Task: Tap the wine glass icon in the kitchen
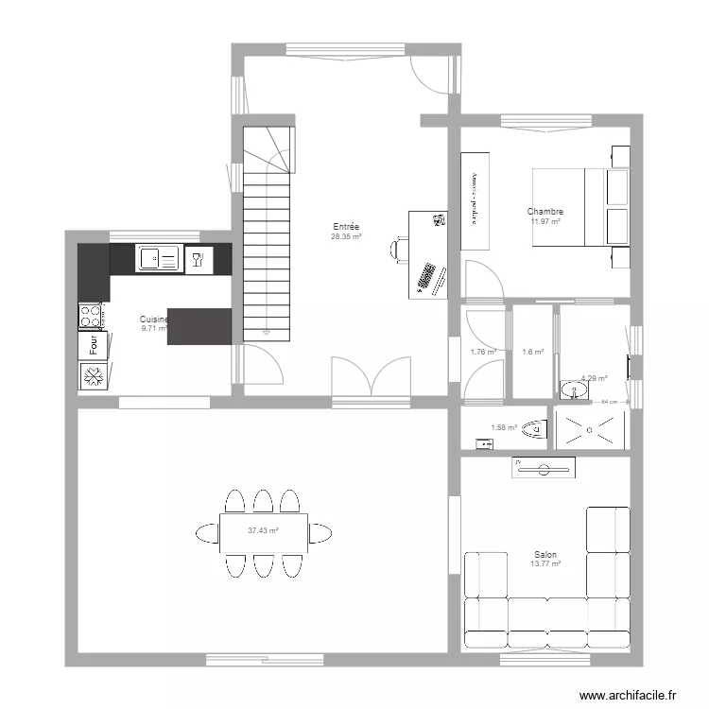pos(198,259)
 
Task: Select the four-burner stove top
pos(91,315)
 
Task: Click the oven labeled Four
pos(92,346)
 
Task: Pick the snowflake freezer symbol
pos(92,377)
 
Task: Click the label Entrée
pos(345,227)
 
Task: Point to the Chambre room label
pos(545,212)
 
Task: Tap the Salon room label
pos(545,555)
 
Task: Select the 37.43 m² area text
pos(263,530)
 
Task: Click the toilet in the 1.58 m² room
pos(536,428)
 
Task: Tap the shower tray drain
pos(592,428)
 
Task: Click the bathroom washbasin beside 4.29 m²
pos(571,389)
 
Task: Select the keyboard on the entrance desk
pos(426,278)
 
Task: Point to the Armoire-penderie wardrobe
pos(475,200)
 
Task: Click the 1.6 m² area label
pos(533,352)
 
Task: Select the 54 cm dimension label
pos(610,402)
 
